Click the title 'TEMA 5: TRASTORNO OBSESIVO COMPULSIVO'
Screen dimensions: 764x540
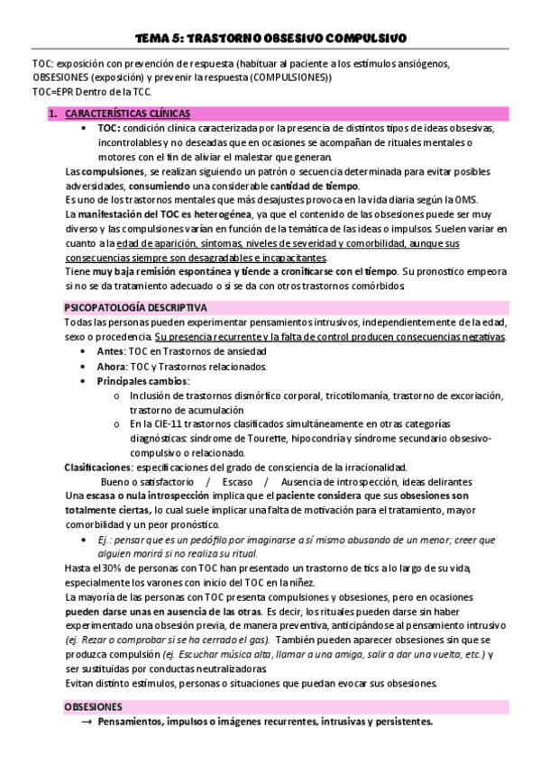tap(270, 38)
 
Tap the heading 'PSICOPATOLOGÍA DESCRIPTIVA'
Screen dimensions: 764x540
tap(135, 307)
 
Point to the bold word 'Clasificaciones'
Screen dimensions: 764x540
tap(96, 467)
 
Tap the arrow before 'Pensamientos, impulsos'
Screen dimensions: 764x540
tap(86, 723)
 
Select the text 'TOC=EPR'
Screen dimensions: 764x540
tap(53, 92)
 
